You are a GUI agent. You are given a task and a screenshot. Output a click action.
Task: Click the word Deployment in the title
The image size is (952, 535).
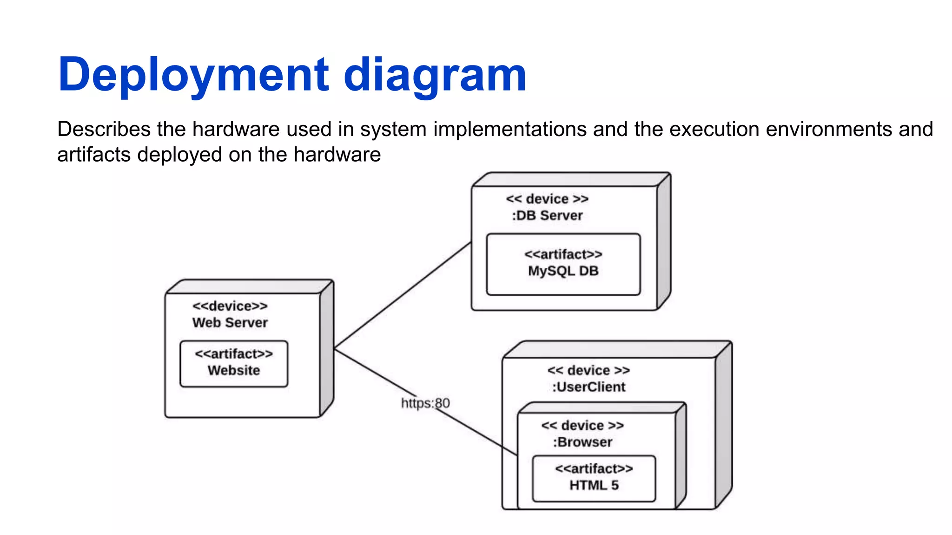pyautogui.click(x=193, y=74)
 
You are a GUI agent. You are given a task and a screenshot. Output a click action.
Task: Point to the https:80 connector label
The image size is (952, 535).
pyautogui.click(x=425, y=403)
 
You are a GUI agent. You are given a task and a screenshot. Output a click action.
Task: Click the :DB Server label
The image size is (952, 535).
pyautogui.click(x=547, y=215)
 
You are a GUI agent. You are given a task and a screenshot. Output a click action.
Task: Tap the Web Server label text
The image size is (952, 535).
pyautogui.click(x=230, y=323)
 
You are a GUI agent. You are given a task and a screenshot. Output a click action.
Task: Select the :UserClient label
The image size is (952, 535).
pyautogui.click(x=588, y=387)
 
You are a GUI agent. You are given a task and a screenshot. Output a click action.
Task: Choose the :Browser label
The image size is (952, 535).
pyautogui.click(x=582, y=442)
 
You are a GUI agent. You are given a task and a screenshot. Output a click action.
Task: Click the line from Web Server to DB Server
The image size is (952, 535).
pyautogui.click(x=403, y=295)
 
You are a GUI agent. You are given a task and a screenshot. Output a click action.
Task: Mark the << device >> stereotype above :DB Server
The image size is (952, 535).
pyautogui.click(x=547, y=199)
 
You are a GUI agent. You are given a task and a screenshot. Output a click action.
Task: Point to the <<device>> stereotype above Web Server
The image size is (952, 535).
pyautogui.click(x=230, y=306)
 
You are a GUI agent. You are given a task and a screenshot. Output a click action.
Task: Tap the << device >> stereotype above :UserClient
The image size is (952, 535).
pyautogui.click(x=588, y=370)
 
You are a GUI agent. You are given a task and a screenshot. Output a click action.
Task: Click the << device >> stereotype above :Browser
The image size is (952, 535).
pyautogui.click(x=582, y=425)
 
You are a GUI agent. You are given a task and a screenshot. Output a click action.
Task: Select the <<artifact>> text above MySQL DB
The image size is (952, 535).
pyautogui.click(x=563, y=254)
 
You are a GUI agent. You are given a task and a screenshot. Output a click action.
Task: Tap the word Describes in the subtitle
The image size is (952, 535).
pyautogui.click(x=104, y=129)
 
